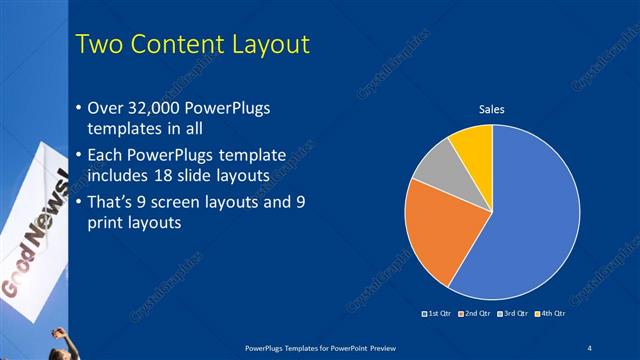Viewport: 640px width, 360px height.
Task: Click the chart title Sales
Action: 491,108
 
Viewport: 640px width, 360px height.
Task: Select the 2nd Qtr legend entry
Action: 474,315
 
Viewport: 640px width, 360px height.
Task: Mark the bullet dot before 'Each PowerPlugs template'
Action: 80,157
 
